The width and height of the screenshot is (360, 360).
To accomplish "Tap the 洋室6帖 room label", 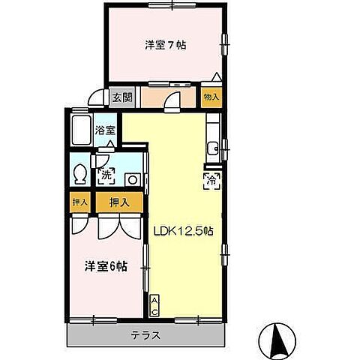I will [x=104, y=265].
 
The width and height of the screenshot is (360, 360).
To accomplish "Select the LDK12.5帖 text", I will [x=184, y=231].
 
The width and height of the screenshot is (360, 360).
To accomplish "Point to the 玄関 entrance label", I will [x=123, y=97].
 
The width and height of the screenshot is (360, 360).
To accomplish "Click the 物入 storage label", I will [x=211, y=97].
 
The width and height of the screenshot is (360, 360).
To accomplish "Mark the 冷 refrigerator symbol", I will [x=211, y=179].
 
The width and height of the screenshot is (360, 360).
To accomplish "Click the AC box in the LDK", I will [x=155, y=305].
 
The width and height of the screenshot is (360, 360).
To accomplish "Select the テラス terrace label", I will [x=147, y=335].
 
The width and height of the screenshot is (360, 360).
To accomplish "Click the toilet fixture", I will [x=81, y=175].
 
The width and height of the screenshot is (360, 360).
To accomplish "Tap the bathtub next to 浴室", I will [x=81, y=132].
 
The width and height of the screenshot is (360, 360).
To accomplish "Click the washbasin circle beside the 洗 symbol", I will [x=131, y=178].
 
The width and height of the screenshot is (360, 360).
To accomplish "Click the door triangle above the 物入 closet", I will [x=216, y=78].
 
